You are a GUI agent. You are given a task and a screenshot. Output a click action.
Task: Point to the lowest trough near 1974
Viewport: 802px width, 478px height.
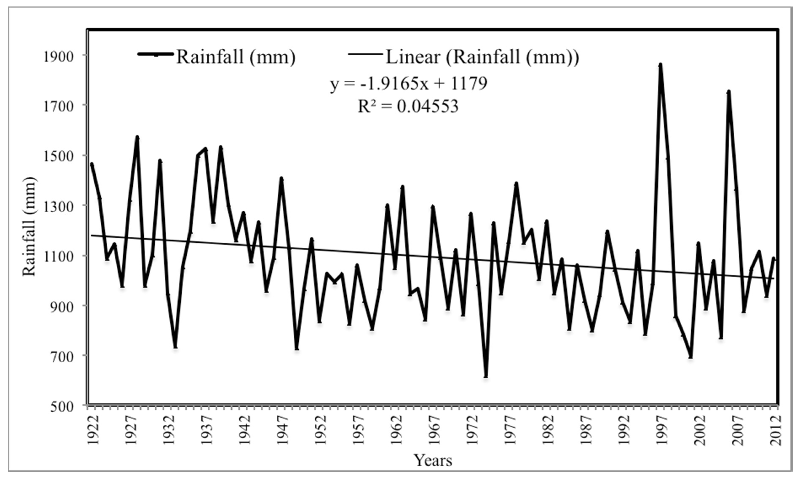(x=486, y=376)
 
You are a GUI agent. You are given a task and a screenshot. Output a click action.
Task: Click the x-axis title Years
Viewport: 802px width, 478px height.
(x=433, y=460)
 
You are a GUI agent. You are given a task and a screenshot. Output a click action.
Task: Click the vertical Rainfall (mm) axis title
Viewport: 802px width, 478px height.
(x=29, y=226)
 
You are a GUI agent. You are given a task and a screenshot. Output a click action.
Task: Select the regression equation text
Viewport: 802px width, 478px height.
(x=408, y=84)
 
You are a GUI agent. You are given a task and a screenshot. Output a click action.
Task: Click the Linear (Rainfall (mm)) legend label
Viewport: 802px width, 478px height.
(x=482, y=57)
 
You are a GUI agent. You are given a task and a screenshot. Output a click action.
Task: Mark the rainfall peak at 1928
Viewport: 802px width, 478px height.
(x=137, y=138)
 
